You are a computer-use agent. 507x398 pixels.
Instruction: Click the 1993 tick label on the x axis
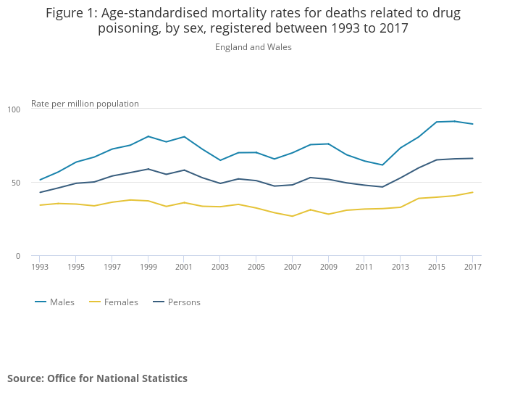[x=40, y=267]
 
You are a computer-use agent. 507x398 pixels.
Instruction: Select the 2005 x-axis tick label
[x=256, y=267]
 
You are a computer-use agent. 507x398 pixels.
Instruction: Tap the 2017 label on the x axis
[x=472, y=267]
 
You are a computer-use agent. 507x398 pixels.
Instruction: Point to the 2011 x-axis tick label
[x=364, y=267]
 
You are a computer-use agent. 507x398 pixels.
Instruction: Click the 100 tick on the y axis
[x=14, y=109]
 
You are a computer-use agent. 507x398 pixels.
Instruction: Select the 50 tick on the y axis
[x=16, y=183]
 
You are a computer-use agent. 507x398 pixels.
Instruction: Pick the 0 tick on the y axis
[x=18, y=256]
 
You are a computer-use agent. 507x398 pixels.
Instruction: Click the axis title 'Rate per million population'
[x=85, y=104]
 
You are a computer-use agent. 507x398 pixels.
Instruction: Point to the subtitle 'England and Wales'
[x=253, y=47]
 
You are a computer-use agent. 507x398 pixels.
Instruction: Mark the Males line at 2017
[x=472, y=124]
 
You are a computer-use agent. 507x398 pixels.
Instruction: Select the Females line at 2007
[x=293, y=216]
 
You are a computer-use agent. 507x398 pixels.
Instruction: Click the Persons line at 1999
[x=148, y=169]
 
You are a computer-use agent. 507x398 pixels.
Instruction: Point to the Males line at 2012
[x=382, y=165]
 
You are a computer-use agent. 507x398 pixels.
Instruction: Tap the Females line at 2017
[x=472, y=192]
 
